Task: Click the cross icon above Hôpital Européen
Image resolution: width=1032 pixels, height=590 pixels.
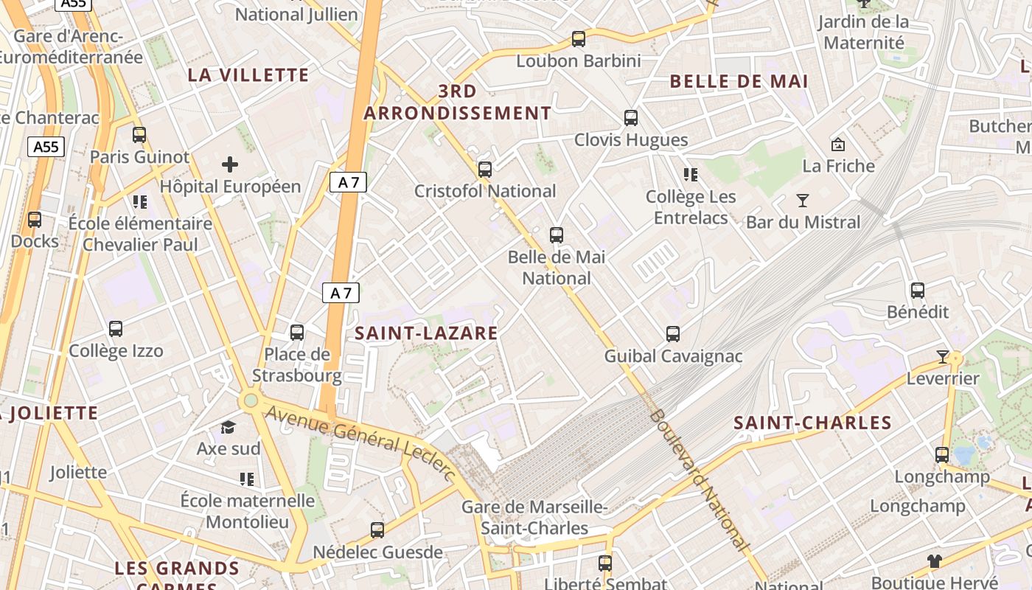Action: pyautogui.click(x=230, y=164)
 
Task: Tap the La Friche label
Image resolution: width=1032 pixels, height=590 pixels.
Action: pyautogui.click(x=838, y=166)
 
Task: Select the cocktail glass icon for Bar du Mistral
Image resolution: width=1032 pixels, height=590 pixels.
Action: pyautogui.click(x=803, y=200)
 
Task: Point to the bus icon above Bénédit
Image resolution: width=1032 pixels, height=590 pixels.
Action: pyautogui.click(x=918, y=291)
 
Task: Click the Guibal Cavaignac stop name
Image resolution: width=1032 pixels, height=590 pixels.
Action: pyautogui.click(x=673, y=356)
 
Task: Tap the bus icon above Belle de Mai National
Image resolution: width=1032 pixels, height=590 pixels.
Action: pyautogui.click(x=557, y=235)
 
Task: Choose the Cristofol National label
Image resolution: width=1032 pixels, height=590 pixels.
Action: pyautogui.click(x=485, y=191)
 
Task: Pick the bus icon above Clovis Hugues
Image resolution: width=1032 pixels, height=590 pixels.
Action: pyautogui.click(x=631, y=117)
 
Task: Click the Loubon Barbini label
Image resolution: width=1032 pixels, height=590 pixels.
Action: pyautogui.click(x=579, y=60)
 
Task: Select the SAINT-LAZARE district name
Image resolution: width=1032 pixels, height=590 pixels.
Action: pyautogui.click(x=426, y=333)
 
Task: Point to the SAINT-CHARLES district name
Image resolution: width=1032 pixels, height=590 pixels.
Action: pyautogui.click(x=812, y=423)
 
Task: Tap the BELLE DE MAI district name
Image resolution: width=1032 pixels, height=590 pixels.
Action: pyautogui.click(x=739, y=81)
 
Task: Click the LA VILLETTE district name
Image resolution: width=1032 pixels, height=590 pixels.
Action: pyautogui.click(x=248, y=74)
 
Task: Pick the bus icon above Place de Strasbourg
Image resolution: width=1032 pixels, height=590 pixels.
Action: pyautogui.click(x=297, y=333)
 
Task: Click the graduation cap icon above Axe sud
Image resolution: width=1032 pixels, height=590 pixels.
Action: pyautogui.click(x=229, y=428)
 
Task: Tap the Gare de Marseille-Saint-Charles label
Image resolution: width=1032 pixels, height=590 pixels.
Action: pyautogui.click(x=534, y=518)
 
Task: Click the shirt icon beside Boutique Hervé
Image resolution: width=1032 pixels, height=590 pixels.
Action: pyautogui.click(x=935, y=560)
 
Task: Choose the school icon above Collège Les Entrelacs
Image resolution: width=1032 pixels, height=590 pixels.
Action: pyautogui.click(x=691, y=175)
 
